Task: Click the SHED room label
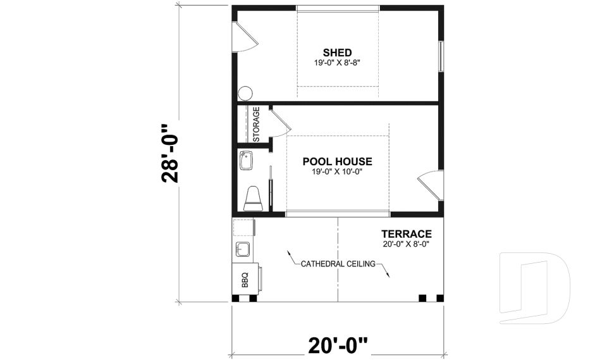[x=337, y=52]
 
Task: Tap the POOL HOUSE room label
[x=337, y=161]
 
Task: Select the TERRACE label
[x=406, y=233]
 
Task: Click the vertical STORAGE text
[x=257, y=125]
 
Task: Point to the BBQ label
[x=245, y=278]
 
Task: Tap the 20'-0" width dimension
[x=338, y=345]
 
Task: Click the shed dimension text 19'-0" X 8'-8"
[x=337, y=63]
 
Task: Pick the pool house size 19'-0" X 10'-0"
[x=337, y=171]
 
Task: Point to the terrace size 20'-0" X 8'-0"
[x=406, y=244]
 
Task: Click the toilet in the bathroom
[x=254, y=198]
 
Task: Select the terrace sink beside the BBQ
[x=243, y=247]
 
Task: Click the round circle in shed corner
[x=245, y=93]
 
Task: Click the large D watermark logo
[x=534, y=283]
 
